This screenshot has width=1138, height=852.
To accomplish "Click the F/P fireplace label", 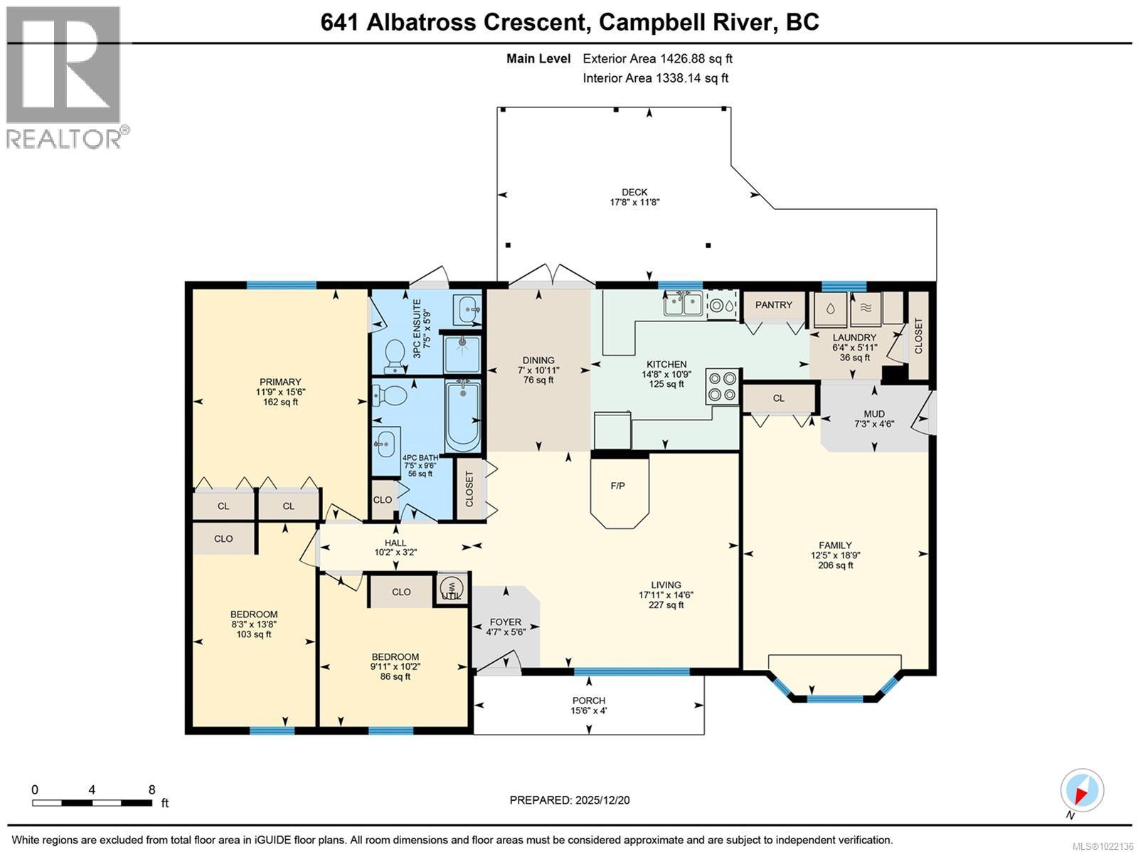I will click(x=617, y=486).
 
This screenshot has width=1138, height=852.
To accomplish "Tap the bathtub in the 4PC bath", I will click(x=463, y=416).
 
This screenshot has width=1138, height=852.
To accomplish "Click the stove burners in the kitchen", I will click(x=722, y=387).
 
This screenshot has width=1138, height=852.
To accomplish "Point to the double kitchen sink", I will click(x=683, y=305).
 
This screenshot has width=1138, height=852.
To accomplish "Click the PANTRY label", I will click(x=773, y=304).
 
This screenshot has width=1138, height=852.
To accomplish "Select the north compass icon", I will click(x=1082, y=791).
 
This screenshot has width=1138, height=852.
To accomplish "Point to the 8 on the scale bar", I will click(x=151, y=789).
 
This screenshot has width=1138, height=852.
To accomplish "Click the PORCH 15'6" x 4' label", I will click(x=589, y=705).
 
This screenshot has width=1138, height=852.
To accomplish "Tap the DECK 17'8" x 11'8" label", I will click(x=634, y=197).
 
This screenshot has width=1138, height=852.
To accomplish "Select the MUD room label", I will click(x=874, y=418).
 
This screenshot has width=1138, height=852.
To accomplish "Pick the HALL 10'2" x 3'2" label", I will click(x=395, y=547).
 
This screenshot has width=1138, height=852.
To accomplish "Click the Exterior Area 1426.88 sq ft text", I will click(x=657, y=59).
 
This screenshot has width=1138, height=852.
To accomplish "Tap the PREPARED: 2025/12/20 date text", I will click(x=570, y=800).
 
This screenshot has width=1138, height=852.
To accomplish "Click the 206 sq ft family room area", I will click(x=835, y=565).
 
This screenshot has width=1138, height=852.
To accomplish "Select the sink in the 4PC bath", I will click(x=385, y=444).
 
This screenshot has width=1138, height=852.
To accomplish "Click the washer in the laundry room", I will click(x=829, y=309).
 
